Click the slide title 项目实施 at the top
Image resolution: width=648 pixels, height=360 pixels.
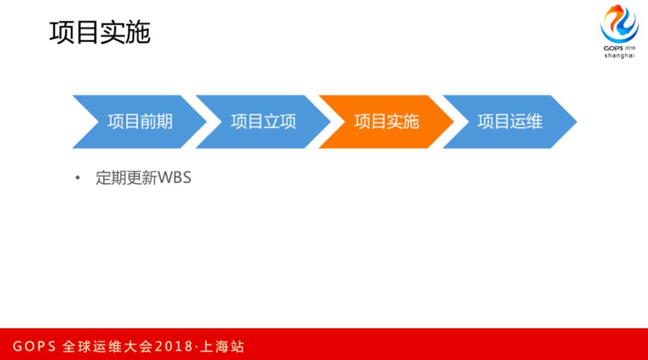(x=100, y=32)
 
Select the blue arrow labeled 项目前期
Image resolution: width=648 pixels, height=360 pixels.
(x=139, y=122)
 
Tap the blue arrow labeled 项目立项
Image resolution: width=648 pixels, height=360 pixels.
(x=263, y=122)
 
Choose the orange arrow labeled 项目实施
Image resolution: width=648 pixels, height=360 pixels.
(x=386, y=122)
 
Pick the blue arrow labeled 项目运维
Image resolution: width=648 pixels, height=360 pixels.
(x=509, y=122)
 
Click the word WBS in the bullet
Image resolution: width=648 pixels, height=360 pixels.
(x=174, y=178)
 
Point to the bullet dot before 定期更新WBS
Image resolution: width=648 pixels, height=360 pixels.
(x=77, y=178)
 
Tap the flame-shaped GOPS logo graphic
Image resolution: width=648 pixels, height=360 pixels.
(x=619, y=23)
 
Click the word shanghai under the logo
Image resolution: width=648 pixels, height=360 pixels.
(x=619, y=56)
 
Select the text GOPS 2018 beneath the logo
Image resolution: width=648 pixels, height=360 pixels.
(x=619, y=47)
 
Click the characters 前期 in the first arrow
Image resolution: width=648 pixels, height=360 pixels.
(x=156, y=122)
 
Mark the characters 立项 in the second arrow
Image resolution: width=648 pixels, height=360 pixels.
(x=280, y=122)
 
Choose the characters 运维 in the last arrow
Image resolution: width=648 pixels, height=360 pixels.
(x=526, y=122)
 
